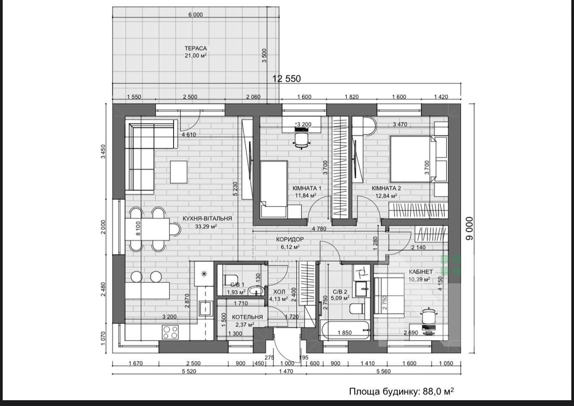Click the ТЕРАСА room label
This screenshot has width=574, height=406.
[x=196, y=48]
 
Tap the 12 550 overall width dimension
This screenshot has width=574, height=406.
[x=286, y=78]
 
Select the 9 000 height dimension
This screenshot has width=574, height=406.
[x=470, y=229]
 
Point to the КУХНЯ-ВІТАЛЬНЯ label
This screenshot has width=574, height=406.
[x=207, y=218]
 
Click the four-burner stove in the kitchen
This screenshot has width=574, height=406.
[x=170, y=332]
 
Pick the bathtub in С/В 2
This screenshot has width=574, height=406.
[x=345, y=330]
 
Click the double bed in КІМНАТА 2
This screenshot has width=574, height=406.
[x=413, y=159]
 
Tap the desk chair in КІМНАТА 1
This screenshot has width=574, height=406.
[x=302, y=141]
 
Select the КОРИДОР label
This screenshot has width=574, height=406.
[x=290, y=239]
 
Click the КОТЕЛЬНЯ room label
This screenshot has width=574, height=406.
[x=247, y=317]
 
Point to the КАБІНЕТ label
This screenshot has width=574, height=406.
[x=421, y=272]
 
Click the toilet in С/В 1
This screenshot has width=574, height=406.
[x=230, y=280]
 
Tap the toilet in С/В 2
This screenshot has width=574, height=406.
[x=357, y=308]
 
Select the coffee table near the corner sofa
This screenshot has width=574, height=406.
[x=178, y=172]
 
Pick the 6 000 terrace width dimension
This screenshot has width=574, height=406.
[x=196, y=15]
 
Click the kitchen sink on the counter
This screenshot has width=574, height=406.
[x=205, y=308]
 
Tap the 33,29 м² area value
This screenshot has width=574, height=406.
[x=206, y=226]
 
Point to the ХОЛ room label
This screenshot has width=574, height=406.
[x=279, y=292]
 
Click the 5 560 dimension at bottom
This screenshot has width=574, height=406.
[x=383, y=371]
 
